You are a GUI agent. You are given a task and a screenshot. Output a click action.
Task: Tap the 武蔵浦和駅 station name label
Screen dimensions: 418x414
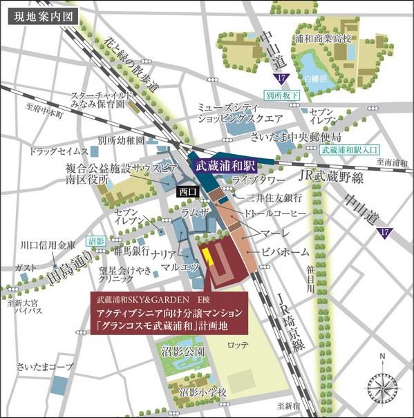[x=225, y=167]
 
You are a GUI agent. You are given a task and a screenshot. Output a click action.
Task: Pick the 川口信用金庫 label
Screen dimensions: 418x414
[x=47, y=244]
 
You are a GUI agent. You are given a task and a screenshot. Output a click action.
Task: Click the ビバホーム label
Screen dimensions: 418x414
[x=285, y=252]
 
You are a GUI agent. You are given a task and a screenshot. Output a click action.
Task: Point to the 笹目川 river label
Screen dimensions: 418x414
[x=311, y=282]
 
